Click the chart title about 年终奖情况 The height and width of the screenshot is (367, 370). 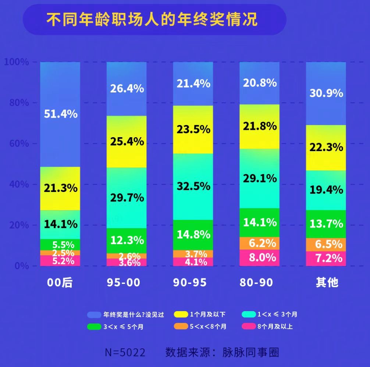point(152,19)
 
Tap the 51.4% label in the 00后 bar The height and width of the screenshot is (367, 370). point(61,114)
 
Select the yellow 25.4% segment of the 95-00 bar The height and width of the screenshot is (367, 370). point(127,142)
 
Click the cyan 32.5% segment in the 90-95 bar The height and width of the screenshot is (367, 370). point(193,186)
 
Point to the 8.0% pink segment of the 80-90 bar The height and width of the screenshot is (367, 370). point(259,257)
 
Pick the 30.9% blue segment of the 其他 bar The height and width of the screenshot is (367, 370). point(326,93)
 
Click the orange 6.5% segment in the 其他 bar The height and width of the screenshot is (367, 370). point(326,245)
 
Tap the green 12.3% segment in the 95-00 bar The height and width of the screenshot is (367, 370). point(127,240)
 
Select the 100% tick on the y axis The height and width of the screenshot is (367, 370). point(16,62)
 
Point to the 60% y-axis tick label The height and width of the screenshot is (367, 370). point(18,143)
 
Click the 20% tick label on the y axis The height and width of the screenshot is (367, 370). point(18,225)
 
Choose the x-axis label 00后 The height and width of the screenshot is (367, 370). point(60,282)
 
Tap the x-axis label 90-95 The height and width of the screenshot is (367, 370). point(190,282)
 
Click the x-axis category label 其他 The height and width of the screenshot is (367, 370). point(327,282)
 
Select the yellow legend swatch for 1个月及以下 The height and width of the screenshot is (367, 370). point(181,314)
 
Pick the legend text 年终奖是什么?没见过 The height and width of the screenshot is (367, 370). point(133,314)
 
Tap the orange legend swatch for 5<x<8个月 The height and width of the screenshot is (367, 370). point(181,326)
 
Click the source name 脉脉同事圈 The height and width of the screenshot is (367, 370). point(251,352)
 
